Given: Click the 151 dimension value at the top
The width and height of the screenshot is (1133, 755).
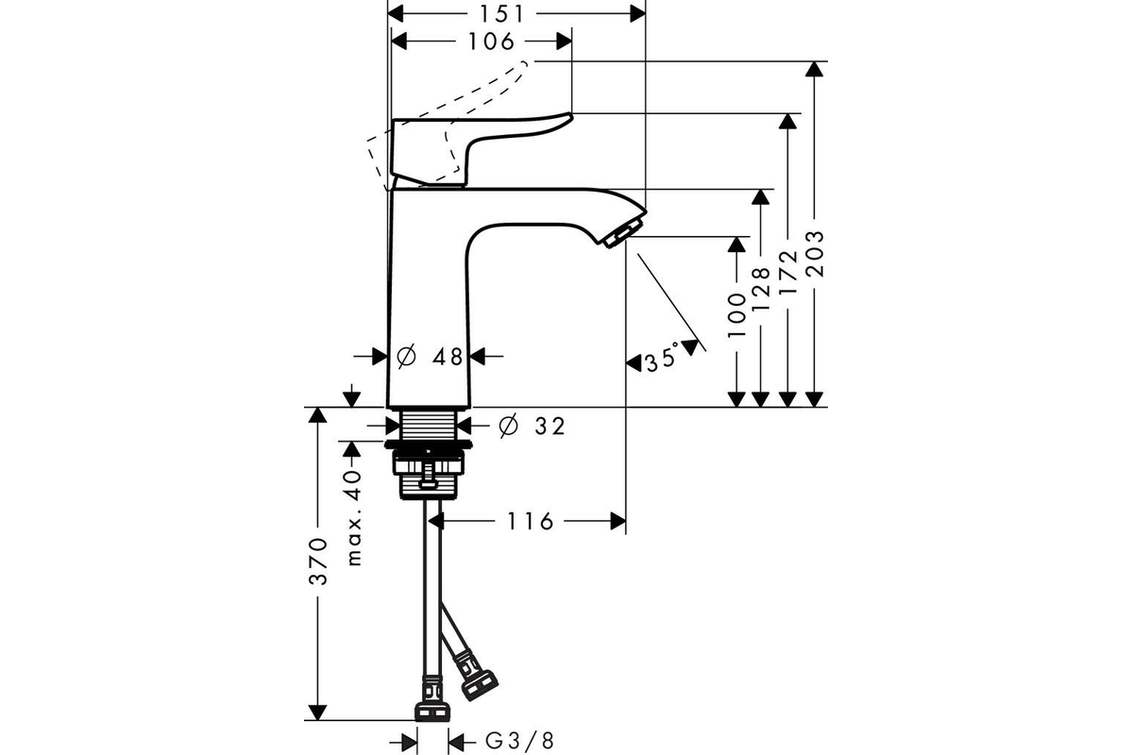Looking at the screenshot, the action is (501, 15).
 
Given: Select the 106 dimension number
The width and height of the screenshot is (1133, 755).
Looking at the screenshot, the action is (491, 42).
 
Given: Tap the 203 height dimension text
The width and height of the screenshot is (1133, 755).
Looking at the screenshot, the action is (815, 255).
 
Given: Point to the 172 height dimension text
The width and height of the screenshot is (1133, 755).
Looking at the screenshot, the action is (788, 273).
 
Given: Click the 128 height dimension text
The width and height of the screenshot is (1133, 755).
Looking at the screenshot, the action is (761, 289).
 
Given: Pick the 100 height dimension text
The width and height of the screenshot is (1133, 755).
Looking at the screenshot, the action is (737, 315).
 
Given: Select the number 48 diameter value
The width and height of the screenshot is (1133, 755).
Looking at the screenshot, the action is (448, 357).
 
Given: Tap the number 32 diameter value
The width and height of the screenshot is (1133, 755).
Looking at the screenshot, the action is (550, 427).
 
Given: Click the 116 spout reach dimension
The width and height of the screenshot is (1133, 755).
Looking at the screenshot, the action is (530, 521).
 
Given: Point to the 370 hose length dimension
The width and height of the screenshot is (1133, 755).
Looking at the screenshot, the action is (319, 562).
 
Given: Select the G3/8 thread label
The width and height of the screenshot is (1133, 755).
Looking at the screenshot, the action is (520, 742).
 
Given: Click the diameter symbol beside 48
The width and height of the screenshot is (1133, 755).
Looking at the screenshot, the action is (406, 357).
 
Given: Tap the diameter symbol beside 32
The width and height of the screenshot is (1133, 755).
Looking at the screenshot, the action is (508, 426).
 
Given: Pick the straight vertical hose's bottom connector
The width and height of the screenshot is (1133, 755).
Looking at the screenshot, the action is (432, 703).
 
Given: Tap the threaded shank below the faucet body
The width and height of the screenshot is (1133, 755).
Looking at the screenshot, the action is (429, 423).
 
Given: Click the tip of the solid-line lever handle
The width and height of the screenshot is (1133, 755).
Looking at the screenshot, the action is (571, 117).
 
